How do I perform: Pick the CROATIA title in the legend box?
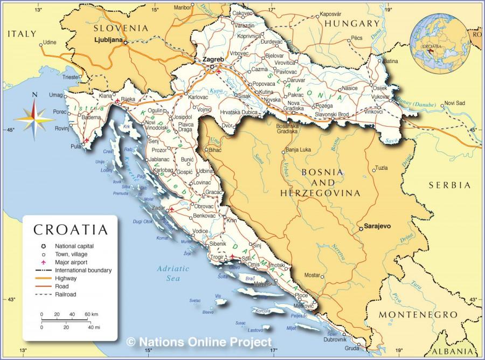71,230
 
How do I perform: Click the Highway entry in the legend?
65,278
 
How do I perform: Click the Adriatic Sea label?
173,273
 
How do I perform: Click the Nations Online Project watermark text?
199,342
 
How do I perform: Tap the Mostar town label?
312,275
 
